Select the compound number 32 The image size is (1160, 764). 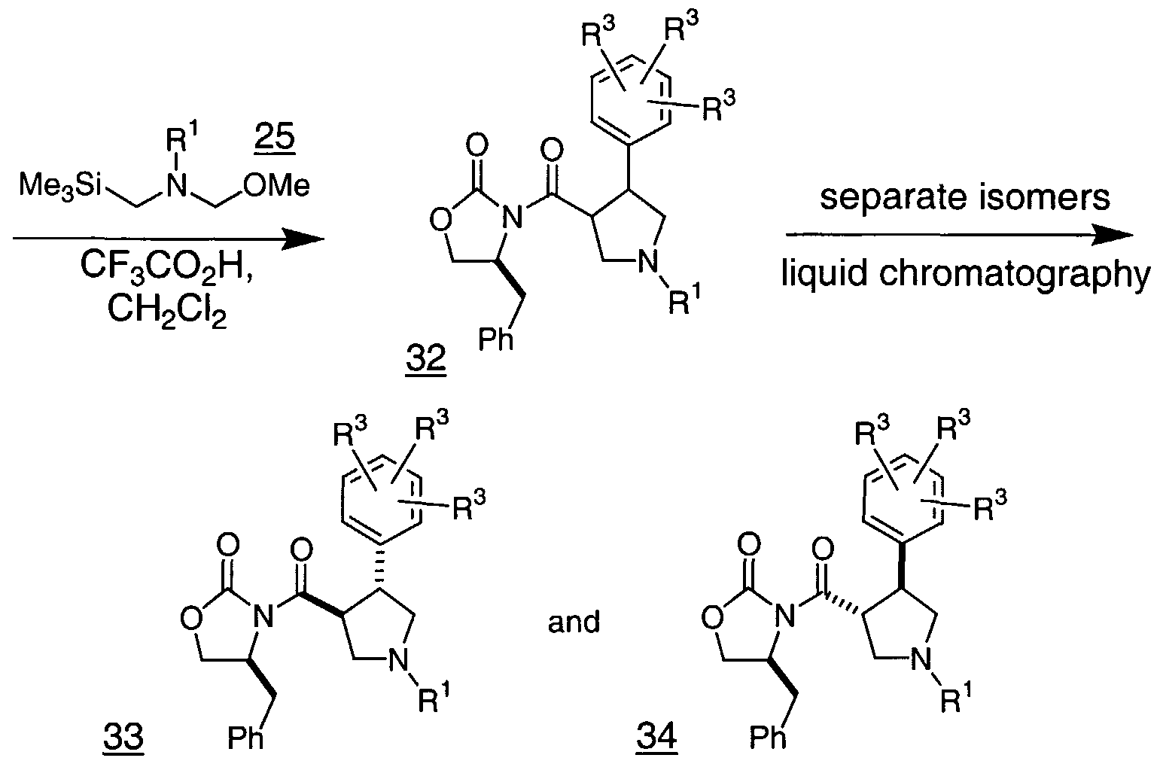[425, 359]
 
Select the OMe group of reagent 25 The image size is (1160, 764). [276, 186]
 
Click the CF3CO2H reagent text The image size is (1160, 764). [167, 266]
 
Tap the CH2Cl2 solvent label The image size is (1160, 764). [167, 311]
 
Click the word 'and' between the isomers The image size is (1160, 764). [574, 622]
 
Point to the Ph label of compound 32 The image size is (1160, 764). [495, 339]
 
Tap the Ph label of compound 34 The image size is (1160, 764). [769, 738]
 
